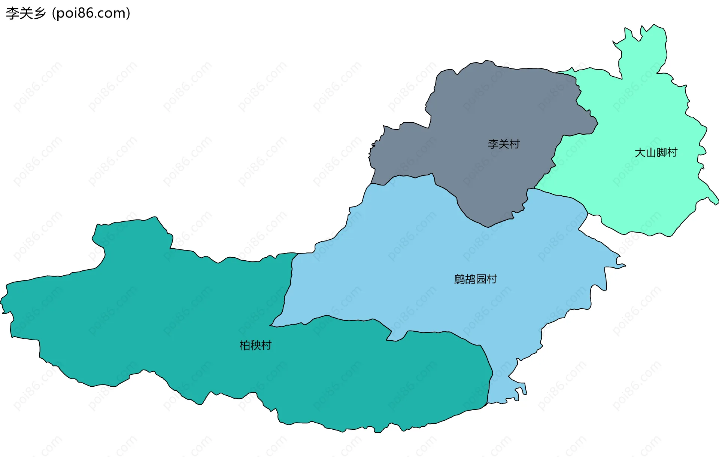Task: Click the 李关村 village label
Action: (504, 144)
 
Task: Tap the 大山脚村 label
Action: (656, 153)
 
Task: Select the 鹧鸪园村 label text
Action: (475, 279)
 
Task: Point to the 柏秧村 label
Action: (255, 345)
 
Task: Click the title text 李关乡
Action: (25, 13)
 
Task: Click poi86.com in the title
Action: (91, 13)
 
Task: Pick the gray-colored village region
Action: (487, 112)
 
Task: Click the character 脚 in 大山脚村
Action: (661, 153)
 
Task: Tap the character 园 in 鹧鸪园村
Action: (481, 279)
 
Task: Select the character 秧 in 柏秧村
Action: (255, 345)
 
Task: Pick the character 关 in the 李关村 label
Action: (504, 144)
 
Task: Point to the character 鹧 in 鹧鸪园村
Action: (459, 279)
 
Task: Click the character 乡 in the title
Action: (39, 13)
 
